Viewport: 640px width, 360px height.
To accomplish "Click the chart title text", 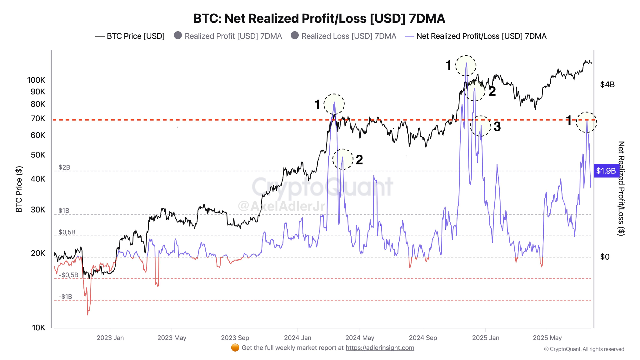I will pyautogui.click(x=319, y=19).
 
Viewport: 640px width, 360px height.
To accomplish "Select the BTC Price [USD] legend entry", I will pyautogui.click(x=130, y=36).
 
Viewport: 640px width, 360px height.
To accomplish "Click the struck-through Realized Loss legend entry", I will pyautogui.click(x=344, y=36).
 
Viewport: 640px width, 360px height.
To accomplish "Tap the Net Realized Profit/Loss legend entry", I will pyautogui.click(x=476, y=36).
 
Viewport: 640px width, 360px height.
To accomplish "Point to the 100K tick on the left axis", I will pyautogui.click(x=36, y=80).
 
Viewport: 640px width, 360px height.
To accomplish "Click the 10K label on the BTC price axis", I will pyautogui.click(x=38, y=327).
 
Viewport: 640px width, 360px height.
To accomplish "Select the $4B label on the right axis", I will pyautogui.click(x=607, y=85).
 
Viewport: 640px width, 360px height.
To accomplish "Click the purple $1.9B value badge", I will pyautogui.click(x=606, y=171).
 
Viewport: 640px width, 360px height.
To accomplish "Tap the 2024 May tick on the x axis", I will pyautogui.click(x=360, y=338).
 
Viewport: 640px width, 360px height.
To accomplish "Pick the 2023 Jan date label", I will pyautogui.click(x=110, y=338).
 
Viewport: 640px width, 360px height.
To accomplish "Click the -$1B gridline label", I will pyautogui.click(x=65, y=297).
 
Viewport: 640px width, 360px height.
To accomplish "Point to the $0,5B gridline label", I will pyautogui.click(x=67, y=232).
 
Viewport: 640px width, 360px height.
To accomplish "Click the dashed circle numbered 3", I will pyautogui.click(x=481, y=126).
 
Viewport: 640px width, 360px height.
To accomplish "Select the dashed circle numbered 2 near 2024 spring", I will pyautogui.click(x=343, y=159).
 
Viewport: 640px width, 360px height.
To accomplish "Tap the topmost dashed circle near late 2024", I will pyautogui.click(x=466, y=66).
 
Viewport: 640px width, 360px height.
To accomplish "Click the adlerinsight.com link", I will pyautogui.click(x=380, y=348).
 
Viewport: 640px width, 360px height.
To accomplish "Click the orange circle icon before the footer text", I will pyautogui.click(x=235, y=348).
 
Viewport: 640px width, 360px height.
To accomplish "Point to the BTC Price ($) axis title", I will pyautogui.click(x=19, y=189).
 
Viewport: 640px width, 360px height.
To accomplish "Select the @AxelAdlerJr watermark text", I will pyautogui.click(x=281, y=206).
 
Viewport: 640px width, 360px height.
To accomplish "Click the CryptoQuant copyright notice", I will pyautogui.click(x=584, y=349).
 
